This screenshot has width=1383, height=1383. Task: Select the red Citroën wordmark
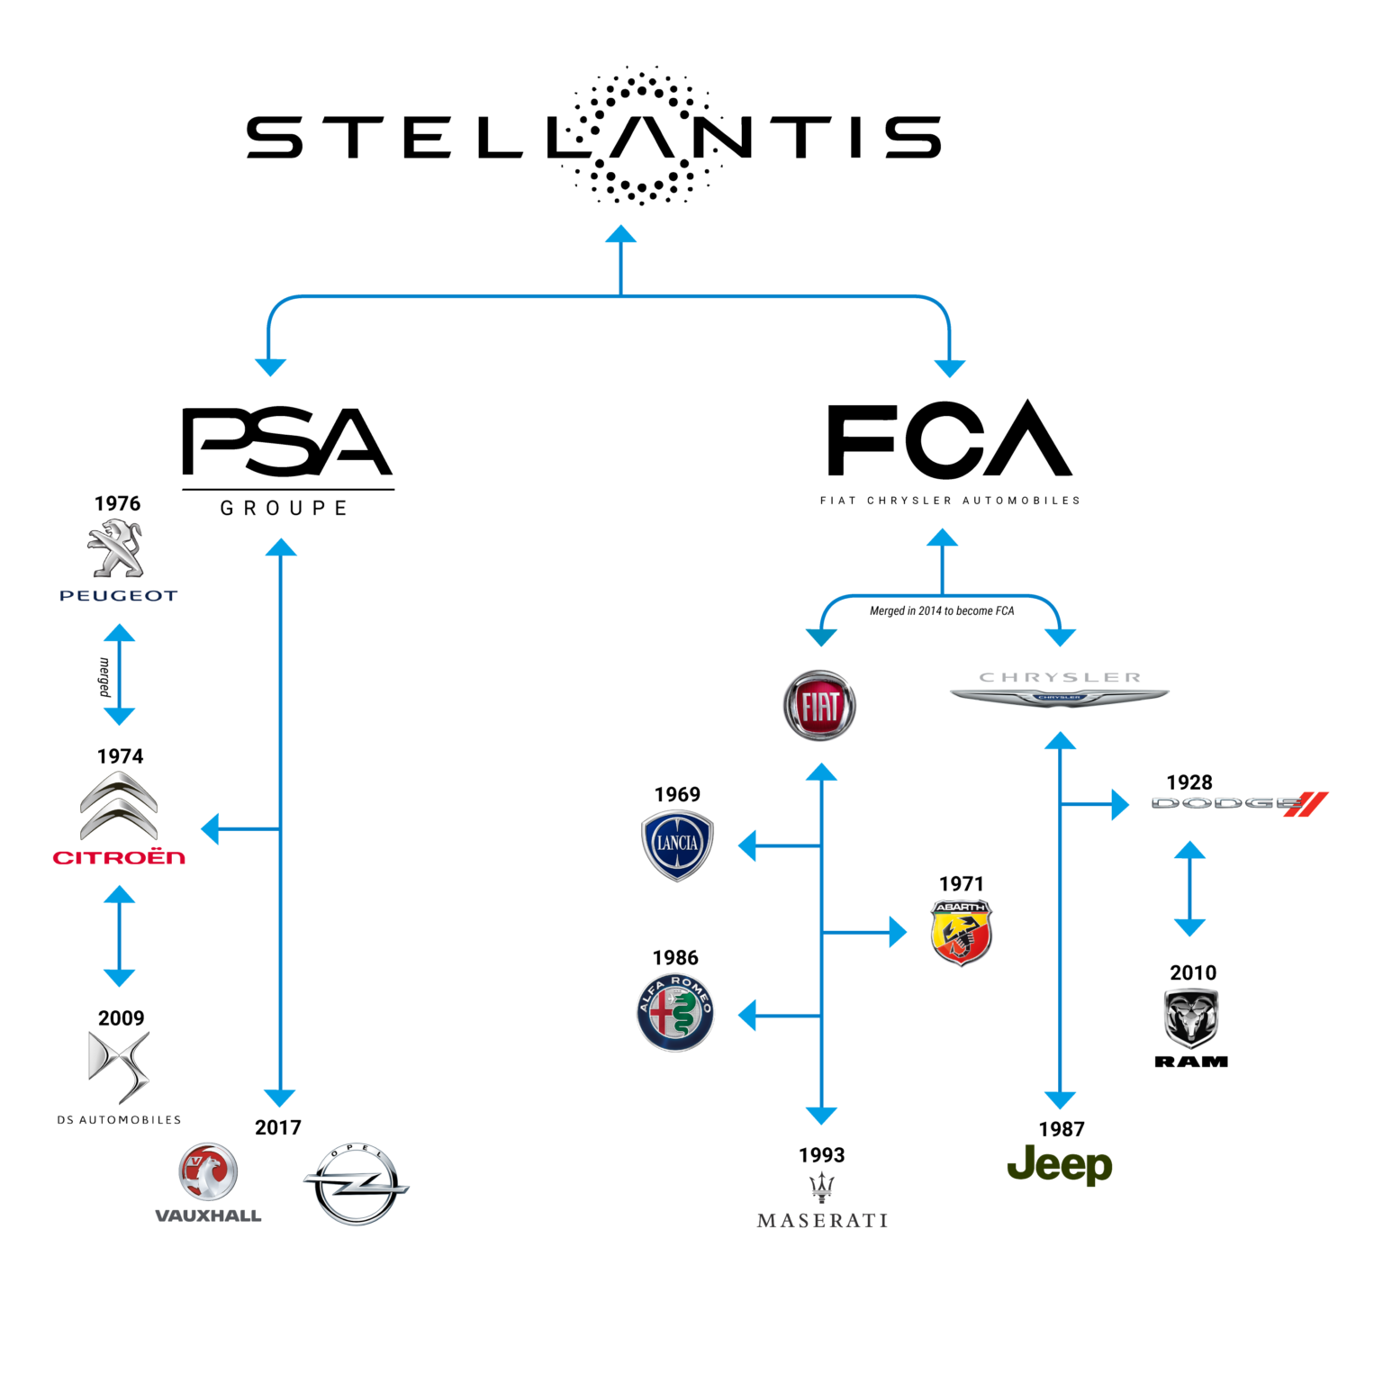tap(119, 857)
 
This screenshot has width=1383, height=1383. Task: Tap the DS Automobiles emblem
tap(119, 1066)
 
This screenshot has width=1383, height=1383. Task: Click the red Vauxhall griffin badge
tap(208, 1172)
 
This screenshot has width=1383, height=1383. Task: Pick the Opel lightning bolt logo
tap(356, 1185)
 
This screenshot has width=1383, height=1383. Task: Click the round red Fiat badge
tap(819, 706)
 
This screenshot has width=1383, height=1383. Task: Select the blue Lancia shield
tap(677, 845)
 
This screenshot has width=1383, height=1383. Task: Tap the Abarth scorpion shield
tap(961, 933)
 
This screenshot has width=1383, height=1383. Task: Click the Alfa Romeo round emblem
tap(675, 1013)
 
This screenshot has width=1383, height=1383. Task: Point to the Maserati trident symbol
tap(821, 1187)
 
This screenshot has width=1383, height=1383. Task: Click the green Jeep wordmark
tap(1060, 1165)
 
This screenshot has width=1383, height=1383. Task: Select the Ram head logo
tap(1190, 1017)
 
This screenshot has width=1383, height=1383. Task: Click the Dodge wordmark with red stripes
tap(1239, 803)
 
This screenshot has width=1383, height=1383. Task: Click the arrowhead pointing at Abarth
tap(898, 933)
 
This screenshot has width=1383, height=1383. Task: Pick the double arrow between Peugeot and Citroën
tap(119, 675)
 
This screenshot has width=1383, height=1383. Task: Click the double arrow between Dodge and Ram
tap(1189, 890)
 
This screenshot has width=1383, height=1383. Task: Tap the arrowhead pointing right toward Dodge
tap(1120, 804)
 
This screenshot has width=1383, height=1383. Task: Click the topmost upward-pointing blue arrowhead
tap(620, 234)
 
